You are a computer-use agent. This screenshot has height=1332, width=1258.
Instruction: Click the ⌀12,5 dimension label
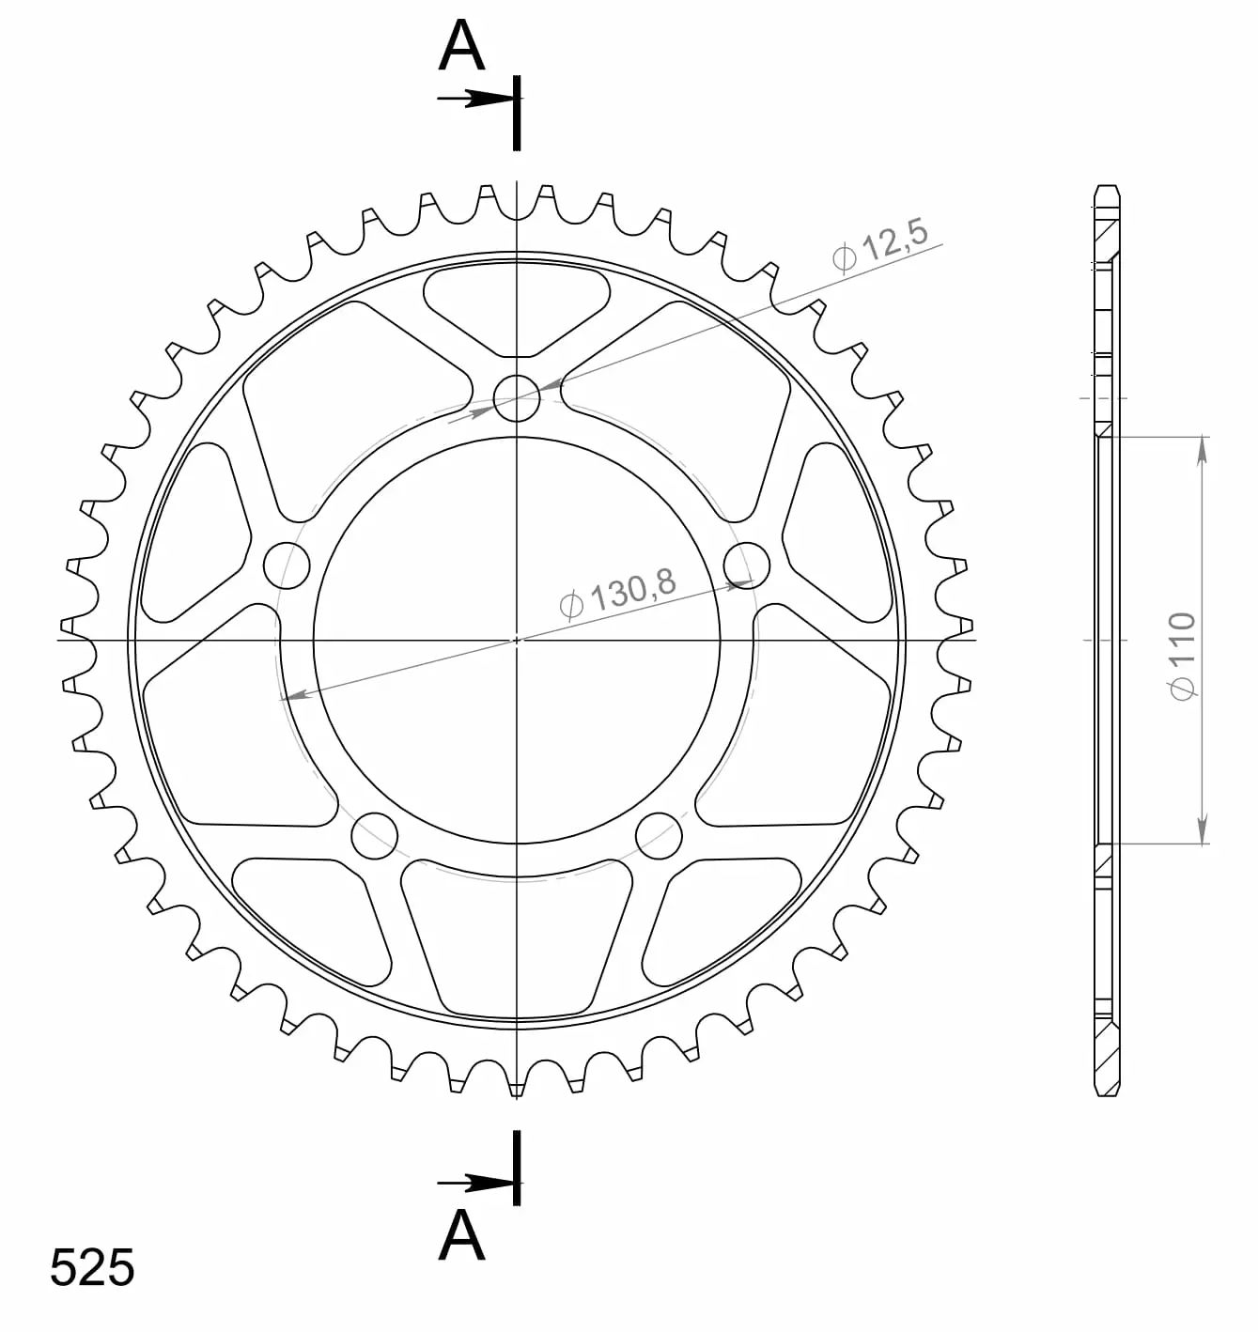(880, 244)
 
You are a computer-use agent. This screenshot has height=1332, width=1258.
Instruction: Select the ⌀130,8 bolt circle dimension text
(618, 593)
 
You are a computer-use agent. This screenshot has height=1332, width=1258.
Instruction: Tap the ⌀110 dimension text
(1182, 657)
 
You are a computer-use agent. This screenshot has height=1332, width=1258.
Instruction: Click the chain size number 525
(92, 1267)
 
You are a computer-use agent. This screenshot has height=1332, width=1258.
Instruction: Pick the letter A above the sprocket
(461, 46)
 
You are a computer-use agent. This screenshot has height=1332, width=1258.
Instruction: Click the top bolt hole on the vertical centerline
(516, 398)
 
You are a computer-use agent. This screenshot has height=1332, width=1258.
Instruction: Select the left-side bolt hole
(287, 565)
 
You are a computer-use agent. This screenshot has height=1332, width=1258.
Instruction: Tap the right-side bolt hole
(746, 565)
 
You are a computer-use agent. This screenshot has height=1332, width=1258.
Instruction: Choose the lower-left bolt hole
(374, 836)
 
